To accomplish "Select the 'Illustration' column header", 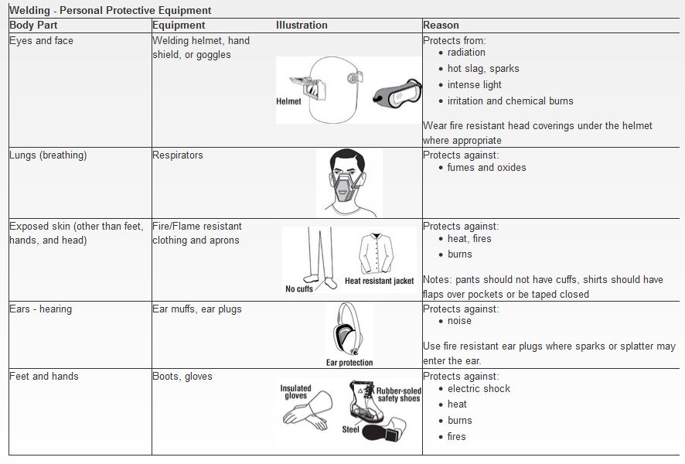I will click(x=302, y=26).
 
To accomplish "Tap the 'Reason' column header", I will click(x=441, y=26).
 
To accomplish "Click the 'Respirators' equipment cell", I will click(x=178, y=155).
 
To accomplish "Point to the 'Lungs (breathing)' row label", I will click(x=48, y=155).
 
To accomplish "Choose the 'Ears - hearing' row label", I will click(x=40, y=309).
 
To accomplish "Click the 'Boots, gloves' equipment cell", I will click(x=182, y=377).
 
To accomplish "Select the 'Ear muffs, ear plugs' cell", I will click(x=197, y=309).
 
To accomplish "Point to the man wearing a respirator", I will click(x=349, y=183).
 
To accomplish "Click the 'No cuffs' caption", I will click(x=299, y=289).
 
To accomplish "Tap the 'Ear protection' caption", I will click(x=349, y=363).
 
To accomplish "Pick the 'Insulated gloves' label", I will click(x=295, y=393).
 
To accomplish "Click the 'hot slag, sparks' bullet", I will click(x=483, y=69).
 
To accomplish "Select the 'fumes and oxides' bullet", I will click(x=486, y=168).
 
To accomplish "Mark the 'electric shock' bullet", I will click(x=479, y=389).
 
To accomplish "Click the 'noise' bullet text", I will click(x=459, y=321).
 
